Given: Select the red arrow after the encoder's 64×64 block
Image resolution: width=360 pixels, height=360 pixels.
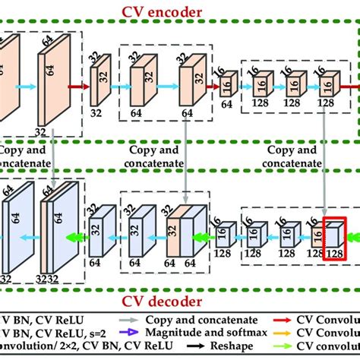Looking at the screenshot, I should click(74, 87).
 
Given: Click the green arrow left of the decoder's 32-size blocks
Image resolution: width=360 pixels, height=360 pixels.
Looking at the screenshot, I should click(74, 236).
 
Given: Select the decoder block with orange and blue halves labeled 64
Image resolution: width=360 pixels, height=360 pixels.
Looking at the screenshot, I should click(185, 232).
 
